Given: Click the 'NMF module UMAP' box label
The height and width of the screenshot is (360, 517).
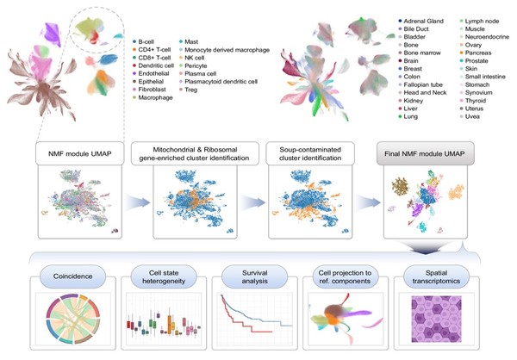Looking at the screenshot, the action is tap(80, 153).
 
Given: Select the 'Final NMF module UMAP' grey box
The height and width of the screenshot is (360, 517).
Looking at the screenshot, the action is tap(426, 153).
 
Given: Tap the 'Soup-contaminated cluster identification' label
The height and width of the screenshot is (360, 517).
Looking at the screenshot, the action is tap(310, 153).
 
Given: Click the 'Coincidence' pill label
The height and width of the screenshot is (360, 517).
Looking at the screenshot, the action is tap(73, 276).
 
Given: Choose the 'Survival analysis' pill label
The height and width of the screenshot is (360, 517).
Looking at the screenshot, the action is tap(254, 277).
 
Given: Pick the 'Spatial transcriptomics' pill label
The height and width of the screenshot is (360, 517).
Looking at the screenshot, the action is tap(436, 277).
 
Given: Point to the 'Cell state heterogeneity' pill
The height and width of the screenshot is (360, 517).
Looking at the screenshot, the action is tap(164, 276).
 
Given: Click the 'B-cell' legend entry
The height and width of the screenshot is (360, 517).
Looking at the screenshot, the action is tap(143, 42).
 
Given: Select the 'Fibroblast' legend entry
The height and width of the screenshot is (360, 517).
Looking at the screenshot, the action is tap(149, 90).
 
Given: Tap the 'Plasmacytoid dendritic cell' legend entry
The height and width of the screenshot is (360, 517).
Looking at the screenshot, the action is tap(218, 82).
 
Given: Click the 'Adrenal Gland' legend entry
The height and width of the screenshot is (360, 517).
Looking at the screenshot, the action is tap(421, 21).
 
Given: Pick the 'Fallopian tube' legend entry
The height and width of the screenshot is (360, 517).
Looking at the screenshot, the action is tap(420, 84).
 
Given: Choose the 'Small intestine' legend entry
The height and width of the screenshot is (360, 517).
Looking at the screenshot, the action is tap(483, 77).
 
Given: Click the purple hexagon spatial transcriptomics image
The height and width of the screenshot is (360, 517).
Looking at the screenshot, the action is tap(436, 320).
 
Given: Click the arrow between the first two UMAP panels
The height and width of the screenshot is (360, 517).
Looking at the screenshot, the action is tap(137, 202).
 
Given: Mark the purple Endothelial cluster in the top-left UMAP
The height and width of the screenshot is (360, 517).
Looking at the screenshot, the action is tap(52, 34).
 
